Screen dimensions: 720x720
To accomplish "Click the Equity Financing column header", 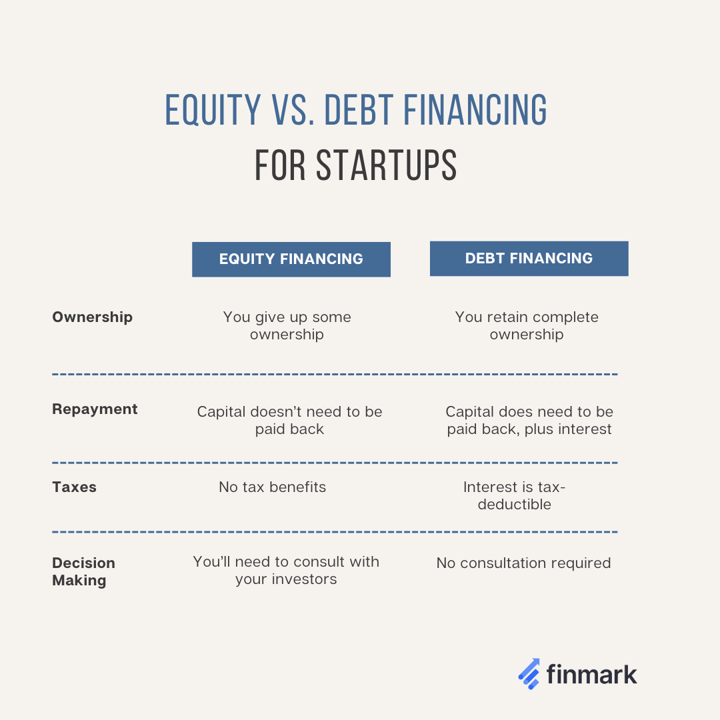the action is point(291,259).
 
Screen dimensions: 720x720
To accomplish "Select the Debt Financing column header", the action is point(529,259).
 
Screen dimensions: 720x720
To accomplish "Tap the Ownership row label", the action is point(92,317).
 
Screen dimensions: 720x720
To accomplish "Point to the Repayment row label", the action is point(95,409).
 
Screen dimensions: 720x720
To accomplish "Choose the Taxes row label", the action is point(75,487).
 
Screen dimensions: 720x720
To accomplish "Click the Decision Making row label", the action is point(83,572).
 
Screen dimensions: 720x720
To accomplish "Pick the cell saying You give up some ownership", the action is point(287,325).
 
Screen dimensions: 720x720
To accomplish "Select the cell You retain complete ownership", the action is point(527,325).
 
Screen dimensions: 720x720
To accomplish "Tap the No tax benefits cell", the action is point(272,487).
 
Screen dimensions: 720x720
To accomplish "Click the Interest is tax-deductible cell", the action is point(514,495).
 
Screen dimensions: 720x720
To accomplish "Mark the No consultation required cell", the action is point(523,563).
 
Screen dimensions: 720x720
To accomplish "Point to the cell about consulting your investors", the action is point(286,570).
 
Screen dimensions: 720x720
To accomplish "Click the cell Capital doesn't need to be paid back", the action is point(290,420).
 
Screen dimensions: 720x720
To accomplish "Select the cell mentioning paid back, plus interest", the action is point(529,420).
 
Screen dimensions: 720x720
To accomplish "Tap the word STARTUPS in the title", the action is point(386,165).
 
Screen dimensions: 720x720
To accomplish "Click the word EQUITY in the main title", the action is point(213,110).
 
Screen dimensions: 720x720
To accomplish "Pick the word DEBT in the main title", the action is point(359,110).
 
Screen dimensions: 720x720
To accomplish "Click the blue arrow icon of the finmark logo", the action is point(529,674).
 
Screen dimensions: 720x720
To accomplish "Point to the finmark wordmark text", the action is point(592,675).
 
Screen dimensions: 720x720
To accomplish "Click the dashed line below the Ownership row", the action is point(335,374).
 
